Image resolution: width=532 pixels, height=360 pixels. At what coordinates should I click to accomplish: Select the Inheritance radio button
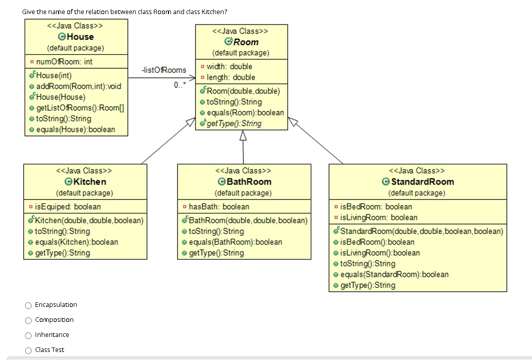tap(29, 335)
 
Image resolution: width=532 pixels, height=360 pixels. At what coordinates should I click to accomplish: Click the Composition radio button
tap(29, 320)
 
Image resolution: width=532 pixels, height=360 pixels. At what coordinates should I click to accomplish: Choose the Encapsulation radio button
tap(29, 305)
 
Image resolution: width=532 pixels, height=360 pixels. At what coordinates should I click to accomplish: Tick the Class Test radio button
tap(29, 350)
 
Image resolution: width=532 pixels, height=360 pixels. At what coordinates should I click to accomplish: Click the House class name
tap(80, 37)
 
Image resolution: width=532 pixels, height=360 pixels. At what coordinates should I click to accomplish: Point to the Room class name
tap(246, 42)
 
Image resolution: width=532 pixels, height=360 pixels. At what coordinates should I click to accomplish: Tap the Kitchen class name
tap(89, 182)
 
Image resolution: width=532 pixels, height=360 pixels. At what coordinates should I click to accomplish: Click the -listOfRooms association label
tap(163, 70)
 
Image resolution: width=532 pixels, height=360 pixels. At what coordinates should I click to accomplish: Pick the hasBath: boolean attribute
tap(219, 207)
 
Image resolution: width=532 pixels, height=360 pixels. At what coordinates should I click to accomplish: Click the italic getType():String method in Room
tap(234, 123)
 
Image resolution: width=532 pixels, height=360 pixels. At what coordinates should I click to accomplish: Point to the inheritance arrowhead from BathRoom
tap(243, 136)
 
